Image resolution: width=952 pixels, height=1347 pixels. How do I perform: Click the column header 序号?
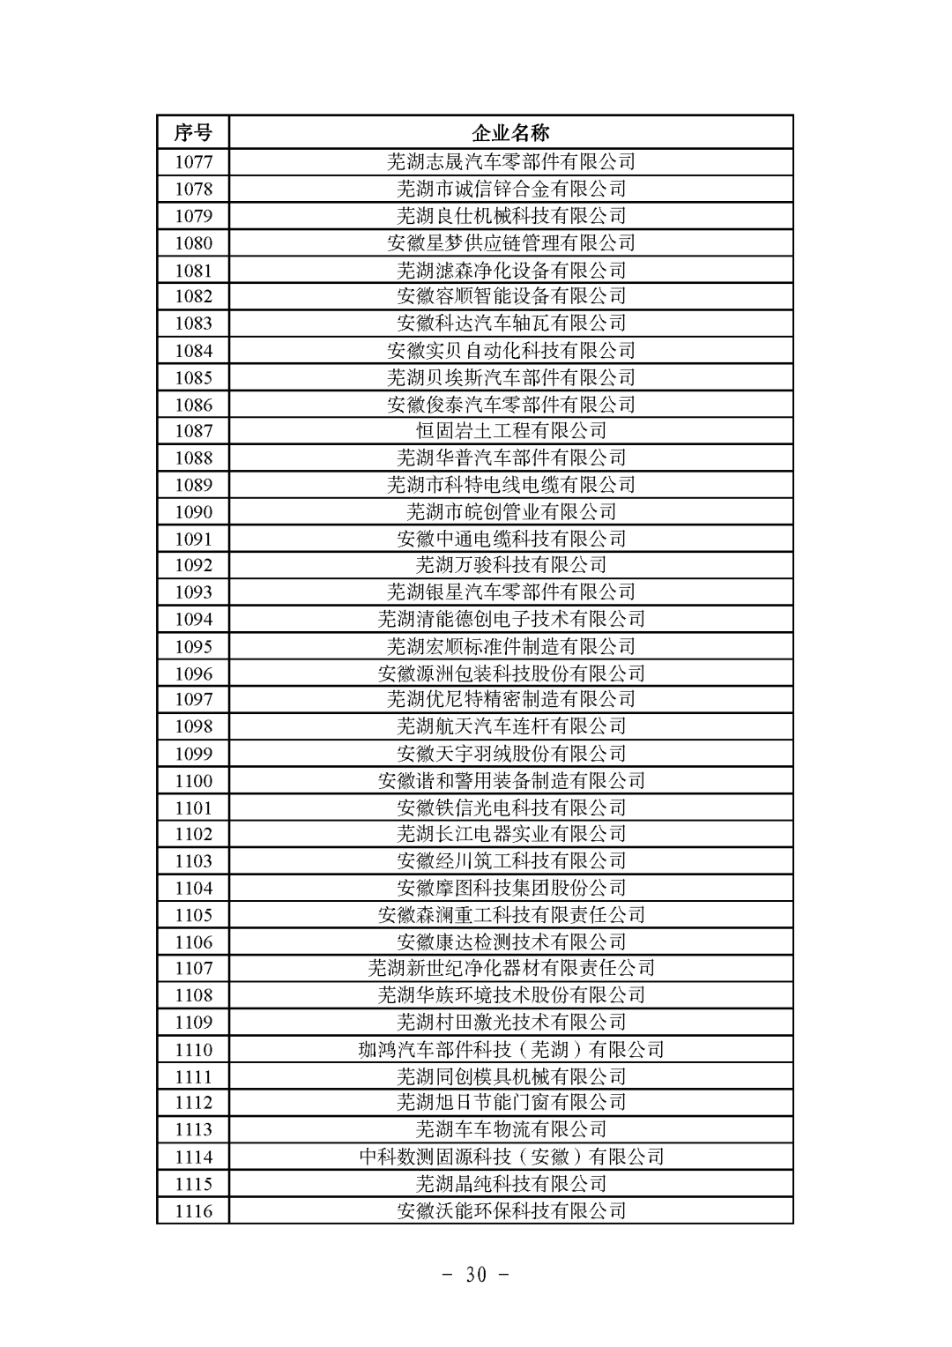pos(193,133)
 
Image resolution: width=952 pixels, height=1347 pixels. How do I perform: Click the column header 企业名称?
pos(510,133)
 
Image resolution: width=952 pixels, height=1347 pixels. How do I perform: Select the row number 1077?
pos(193,161)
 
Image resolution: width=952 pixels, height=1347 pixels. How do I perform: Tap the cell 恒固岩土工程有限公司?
pos(510,431)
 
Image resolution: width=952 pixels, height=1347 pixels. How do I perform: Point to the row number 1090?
pos(193,512)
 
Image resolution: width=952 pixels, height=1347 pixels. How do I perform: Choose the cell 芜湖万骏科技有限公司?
pos(510,565)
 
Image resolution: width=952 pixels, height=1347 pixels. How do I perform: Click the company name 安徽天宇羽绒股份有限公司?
pos(510,754)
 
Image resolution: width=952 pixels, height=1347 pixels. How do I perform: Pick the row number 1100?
pos(193,781)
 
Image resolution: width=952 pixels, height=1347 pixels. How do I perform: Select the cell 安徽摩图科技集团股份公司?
pos(510,889)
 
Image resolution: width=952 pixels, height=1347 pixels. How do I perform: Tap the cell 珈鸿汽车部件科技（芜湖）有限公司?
pos(510,1050)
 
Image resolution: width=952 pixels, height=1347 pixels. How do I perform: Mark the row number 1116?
pos(193,1211)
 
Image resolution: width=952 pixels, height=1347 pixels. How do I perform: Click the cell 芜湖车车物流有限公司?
pos(510,1129)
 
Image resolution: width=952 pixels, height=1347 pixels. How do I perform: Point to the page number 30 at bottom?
pos(476,1275)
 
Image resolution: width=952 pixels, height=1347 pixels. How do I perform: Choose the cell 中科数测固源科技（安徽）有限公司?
pos(510,1157)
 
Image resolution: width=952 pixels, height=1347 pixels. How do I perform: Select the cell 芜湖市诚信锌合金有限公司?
pos(510,189)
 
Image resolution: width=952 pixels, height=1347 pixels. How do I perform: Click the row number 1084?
pos(193,351)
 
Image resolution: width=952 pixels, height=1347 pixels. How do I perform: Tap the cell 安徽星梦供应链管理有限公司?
pos(510,242)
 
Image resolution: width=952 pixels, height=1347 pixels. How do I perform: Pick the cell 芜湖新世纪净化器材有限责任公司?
pos(510,968)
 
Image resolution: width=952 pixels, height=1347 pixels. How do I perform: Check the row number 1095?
pos(193,646)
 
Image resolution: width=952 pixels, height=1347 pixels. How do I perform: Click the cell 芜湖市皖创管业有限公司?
pos(510,512)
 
